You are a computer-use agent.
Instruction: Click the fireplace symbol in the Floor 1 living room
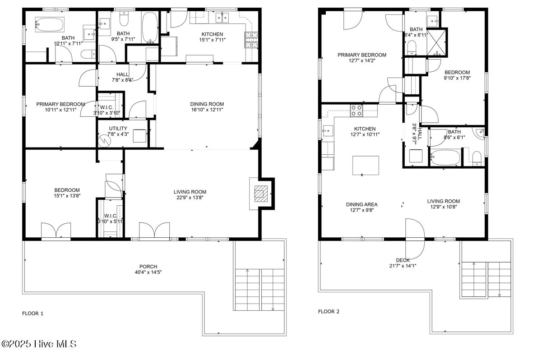pyautogui.click(x=261, y=194)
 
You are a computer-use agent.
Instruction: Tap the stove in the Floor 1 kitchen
pyautogui.click(x=251, y=39)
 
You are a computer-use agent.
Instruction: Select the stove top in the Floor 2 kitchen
pyautogui.click(x=356, y=111)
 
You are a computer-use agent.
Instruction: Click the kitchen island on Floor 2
pyautogui.click(x=366, y=165)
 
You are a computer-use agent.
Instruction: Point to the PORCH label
pyautogui.click(x=148, y=267)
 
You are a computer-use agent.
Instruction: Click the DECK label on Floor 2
pyautogui.click(x=403, y=260)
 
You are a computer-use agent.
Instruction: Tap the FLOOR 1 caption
pyautogui.click(x=32, y=314)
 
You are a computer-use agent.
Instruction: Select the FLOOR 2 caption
pyautogui.click(x=329, y=311)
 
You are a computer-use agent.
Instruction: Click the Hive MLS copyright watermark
pyautogui.click(x=39, y=344)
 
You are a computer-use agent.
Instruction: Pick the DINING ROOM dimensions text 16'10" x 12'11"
pyautogui.click(x=207, y=110)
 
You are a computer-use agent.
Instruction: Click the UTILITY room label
pyautogui.click(x=118, y=128)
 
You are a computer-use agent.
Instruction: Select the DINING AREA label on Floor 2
pyautogui.click(x=362, y=204)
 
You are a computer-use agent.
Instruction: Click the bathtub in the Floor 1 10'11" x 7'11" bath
pyautogui.click(x=49, y=25)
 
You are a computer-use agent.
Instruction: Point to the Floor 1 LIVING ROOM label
pyautogui.click(x=190, y=192)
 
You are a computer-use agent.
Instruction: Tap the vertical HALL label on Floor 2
pyautogui.click(x=420, y=134)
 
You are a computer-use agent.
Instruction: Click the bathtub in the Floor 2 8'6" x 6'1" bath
pyautogui.click(x=445, y=157)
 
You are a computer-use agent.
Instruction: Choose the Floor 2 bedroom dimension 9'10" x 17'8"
pyautogui.click(x=457, y=78)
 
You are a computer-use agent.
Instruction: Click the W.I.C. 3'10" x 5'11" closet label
pyautogui.click(x=111, y=219)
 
